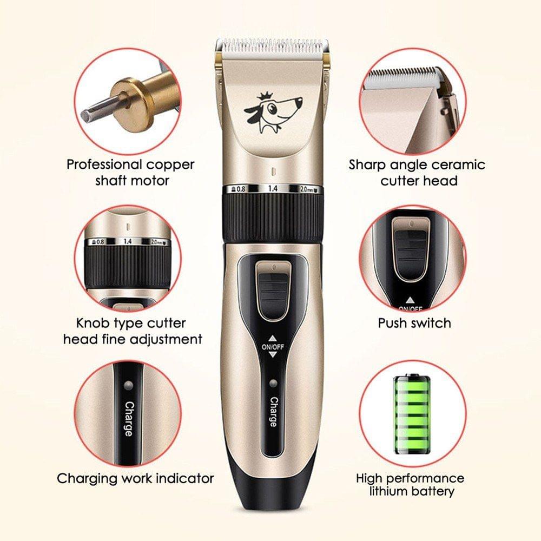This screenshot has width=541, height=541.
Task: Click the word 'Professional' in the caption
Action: (x=104, y=165)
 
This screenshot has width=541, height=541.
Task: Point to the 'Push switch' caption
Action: (x=414, y=324)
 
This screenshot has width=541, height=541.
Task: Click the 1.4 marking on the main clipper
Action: (x=273, y=188)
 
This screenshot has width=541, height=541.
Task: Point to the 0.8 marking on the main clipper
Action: (x=239, y=189)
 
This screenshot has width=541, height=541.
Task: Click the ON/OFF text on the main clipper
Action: (x=273, y=347)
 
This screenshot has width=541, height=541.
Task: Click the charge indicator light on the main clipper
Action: (x=273, y=383)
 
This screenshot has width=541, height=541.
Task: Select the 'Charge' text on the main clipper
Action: (x=273, y=412)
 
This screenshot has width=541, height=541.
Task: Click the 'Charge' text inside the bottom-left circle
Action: (x=129, y=419)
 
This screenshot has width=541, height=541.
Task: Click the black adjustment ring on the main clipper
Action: (x=273, y=217)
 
